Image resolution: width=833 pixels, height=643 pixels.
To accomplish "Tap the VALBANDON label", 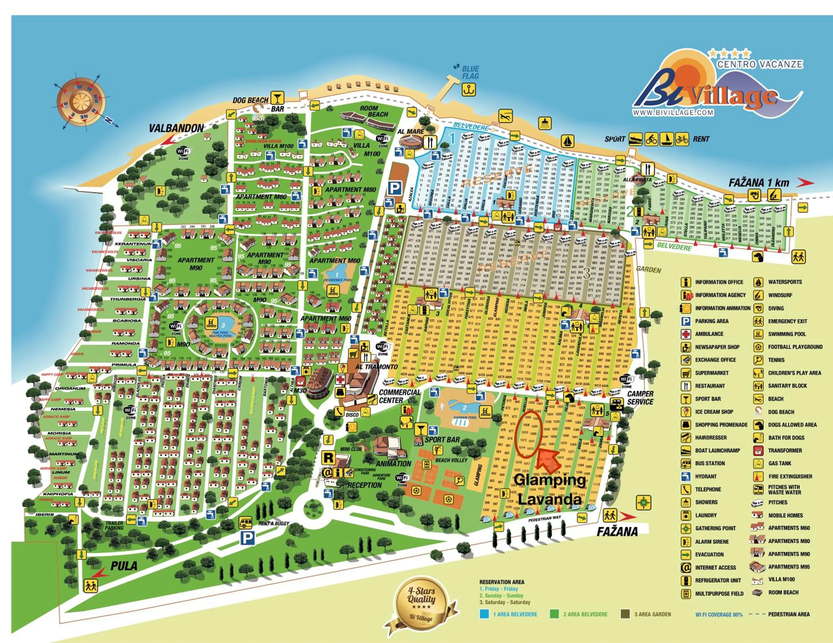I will (x=176, y=128).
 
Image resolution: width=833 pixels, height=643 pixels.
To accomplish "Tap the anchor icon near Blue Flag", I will (x=469, y=90).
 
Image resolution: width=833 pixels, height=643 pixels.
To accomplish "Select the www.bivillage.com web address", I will (x=673, y=112).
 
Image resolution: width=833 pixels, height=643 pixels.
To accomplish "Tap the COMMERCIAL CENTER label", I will (x=399, y=396).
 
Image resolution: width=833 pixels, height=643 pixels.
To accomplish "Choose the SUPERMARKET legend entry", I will (x=711, y=373).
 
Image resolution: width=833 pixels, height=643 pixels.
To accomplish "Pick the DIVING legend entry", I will (x=776, y=308).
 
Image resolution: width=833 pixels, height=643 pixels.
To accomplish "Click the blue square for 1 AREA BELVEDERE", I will (x=484, y=614).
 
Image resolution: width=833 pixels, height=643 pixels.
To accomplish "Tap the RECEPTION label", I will (x=364, y=485).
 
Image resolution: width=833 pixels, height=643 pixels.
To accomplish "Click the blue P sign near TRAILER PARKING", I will (x=247, y=538).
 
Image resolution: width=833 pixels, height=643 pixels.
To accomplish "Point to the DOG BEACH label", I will (x=250, y=100).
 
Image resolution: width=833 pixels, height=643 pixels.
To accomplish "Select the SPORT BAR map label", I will (x=442, y=439).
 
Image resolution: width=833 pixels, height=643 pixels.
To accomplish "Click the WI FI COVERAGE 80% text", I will (x=719, y=614).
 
